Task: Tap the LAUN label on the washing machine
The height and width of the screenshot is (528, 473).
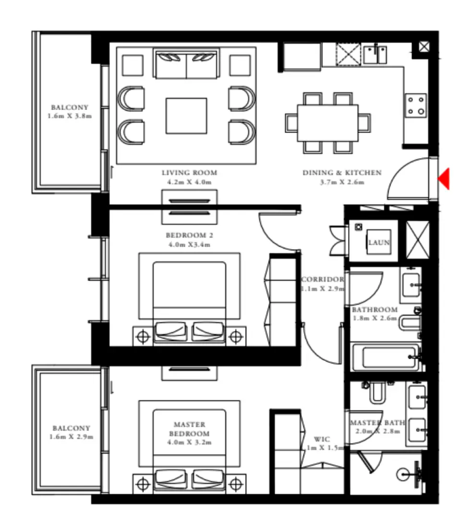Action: point(379,243)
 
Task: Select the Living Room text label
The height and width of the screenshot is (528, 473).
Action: point(189,173)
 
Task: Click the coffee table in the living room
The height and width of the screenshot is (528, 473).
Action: point(187,116)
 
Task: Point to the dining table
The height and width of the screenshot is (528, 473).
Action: point(328,123)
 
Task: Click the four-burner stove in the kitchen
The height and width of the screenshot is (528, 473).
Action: point(415,106)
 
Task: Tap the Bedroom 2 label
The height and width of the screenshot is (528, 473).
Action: point(189,236)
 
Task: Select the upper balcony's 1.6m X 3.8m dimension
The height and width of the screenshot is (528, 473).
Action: point(70,116)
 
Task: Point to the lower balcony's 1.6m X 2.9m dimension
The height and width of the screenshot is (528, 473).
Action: point(71,437)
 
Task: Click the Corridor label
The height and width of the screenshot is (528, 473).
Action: point(322,279)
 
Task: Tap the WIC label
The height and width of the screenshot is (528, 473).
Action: point(321,439)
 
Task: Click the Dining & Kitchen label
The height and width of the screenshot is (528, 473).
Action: point(342,173)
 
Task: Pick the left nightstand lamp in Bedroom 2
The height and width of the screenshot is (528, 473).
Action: point(142,336)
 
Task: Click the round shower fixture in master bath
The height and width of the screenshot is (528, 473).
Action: point(404,474)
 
